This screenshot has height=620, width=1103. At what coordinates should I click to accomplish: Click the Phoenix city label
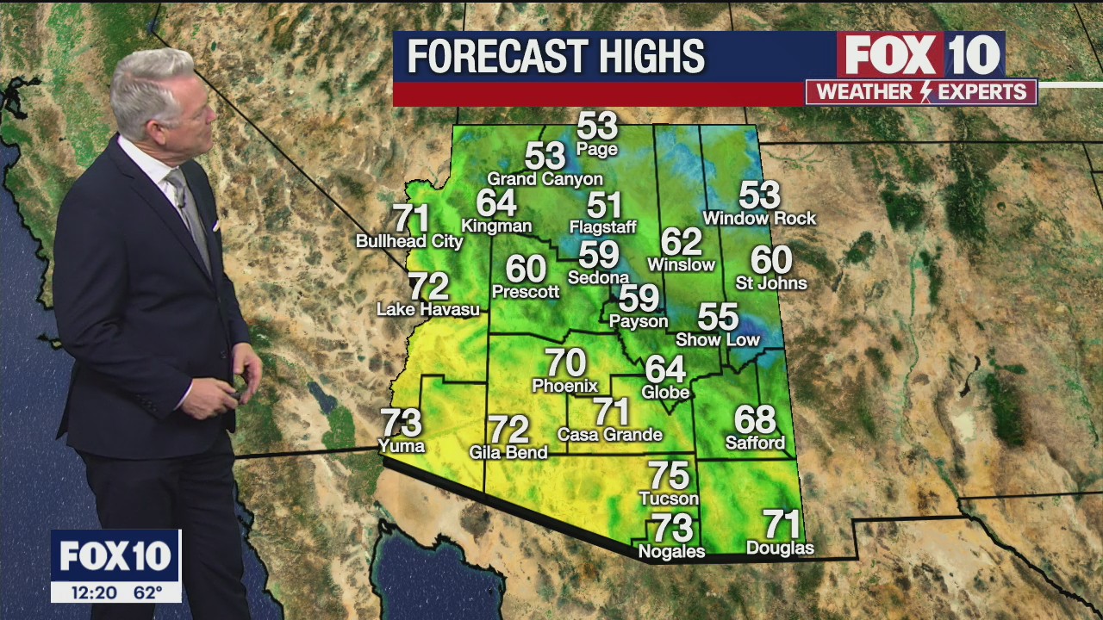point(565,385)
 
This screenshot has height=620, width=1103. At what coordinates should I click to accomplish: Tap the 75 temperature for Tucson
point(669,475)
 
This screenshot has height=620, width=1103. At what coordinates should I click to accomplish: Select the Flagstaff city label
point(603,227)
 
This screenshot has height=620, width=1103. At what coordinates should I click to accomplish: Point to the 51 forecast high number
point(604,206)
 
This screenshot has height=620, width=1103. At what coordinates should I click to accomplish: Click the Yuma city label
point(402,445)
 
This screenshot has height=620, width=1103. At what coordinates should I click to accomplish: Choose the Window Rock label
point(759,219)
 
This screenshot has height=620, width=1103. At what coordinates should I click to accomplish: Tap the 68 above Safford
point(755,420)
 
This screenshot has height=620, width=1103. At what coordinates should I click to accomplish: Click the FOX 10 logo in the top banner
point(920,55)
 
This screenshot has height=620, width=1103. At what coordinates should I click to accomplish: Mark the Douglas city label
point(780,548)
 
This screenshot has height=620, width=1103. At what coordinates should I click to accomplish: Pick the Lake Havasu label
point(428,309)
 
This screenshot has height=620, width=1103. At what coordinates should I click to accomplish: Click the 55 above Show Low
point(718,317)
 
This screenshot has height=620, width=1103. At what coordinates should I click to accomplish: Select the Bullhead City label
point(409,241)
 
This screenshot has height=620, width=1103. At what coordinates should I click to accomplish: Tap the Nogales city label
point(671,551)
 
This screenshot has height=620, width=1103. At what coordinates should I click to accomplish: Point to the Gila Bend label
point(508,452)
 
